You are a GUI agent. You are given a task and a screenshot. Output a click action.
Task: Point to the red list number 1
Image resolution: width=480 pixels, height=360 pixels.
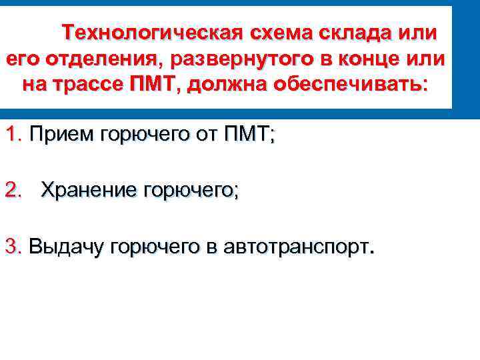click(12, 135)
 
